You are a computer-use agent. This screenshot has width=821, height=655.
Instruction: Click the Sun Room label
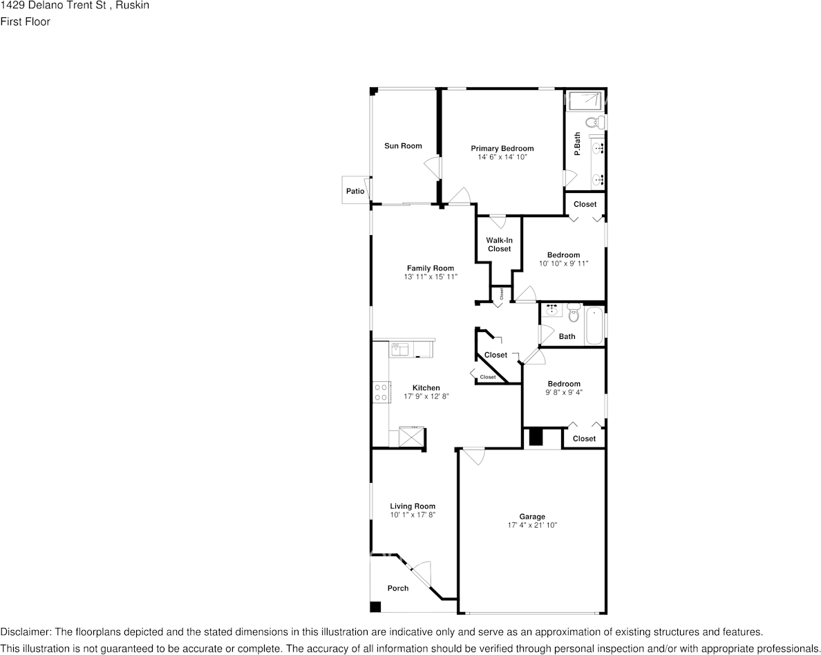click(x=403, y=146)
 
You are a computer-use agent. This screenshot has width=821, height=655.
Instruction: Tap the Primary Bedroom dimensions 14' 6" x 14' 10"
click(x=502, y=158)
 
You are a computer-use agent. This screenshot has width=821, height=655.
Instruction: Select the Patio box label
click(x=355, y=191)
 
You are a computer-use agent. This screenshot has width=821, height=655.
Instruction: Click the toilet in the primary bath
click(x=594, y=123)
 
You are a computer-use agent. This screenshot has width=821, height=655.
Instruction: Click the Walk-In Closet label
click(x=499, y=245)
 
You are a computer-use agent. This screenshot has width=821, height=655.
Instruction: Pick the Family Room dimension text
click(x=430, y=277)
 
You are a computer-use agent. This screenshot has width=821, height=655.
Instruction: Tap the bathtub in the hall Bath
click(x=594, y=325)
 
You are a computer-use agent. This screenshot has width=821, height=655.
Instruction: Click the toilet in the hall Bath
click(x=572, y=315)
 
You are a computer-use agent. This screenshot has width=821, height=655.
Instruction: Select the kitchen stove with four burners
click(x=380, y=393)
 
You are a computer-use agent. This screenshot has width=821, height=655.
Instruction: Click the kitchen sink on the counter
click(x=400, y=349)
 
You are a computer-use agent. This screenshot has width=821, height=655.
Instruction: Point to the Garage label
click(x=532, y=517)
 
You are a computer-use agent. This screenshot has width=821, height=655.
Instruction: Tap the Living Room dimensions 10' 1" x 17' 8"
click(x=413, y=515)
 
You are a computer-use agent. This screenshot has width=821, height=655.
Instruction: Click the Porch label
click(x=397, y=589)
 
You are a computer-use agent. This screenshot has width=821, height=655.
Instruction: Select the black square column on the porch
click(x=375, y=607)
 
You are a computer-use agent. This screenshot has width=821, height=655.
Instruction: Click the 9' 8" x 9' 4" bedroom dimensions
click(x=564, y=392)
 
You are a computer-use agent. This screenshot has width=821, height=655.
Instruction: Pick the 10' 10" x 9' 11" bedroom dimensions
click(x=563, y=264)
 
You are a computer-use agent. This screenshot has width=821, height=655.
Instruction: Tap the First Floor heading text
click(x=25, y=21)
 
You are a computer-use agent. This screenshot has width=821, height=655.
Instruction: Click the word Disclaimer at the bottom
click(x=25, y=632)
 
